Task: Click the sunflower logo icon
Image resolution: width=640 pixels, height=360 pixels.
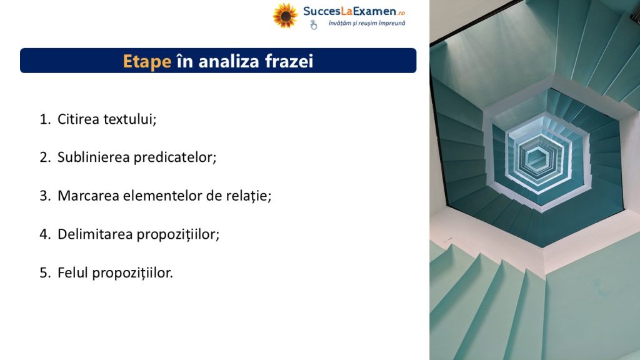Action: (285, 16)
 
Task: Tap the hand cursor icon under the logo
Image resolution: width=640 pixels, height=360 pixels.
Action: (314, 25)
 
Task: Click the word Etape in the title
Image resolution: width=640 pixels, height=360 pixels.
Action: (147, 62)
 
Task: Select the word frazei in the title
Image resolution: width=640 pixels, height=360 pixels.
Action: (289, 61)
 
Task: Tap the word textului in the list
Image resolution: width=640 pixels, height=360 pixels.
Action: (130, 119)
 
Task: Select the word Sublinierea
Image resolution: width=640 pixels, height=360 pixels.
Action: (94, 157)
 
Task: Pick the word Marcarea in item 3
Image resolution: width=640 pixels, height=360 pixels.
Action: (88, 196)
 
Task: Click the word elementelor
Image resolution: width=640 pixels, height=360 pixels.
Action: (162, 196)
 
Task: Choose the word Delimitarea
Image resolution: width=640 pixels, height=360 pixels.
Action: (95, 234)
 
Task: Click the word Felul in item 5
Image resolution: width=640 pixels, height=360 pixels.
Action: (72, 272)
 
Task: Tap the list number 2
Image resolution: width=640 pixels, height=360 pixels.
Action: (44, 157)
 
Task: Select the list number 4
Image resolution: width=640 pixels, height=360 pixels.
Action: (44, 234)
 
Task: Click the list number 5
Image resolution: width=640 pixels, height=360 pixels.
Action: (44, 272)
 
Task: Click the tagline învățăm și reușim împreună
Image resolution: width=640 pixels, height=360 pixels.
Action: (367, 23)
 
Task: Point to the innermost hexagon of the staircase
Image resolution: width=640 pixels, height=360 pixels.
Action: (537, 158)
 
